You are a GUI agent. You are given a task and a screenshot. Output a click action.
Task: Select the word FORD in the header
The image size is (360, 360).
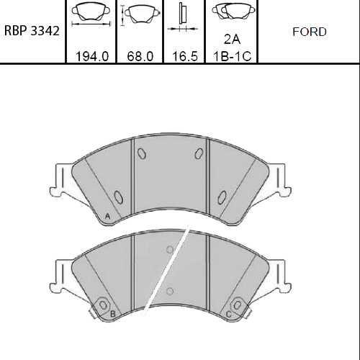[x=310, y=32]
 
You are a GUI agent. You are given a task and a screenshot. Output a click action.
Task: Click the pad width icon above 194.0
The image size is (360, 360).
[x=91, y=14]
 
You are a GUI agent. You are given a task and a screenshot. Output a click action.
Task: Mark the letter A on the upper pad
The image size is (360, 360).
[x=107, y=217]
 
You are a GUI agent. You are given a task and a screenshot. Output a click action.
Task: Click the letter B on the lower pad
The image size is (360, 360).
[x=112, y=314]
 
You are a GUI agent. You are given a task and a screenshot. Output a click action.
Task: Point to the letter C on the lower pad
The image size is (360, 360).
[x=229, y=314]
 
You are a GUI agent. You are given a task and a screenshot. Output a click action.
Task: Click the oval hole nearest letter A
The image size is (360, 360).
[x=119, y=196]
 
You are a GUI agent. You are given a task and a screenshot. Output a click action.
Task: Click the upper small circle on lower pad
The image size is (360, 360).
[x=169, y=250]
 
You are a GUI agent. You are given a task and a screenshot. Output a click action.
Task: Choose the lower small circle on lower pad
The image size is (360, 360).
[x=170, y=291]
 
